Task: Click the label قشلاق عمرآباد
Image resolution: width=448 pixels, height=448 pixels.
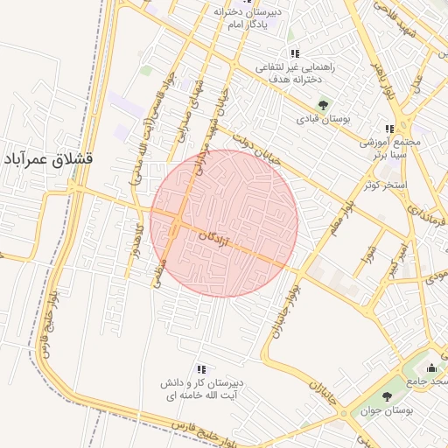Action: click(52, 161)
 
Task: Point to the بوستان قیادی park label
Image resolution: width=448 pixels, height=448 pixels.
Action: click(323, 119)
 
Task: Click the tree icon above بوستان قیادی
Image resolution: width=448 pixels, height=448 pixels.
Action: click(323, 105)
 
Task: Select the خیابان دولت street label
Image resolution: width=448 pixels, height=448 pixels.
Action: click(247, 150)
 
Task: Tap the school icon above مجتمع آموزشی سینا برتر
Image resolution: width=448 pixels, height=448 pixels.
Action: click(390, 129)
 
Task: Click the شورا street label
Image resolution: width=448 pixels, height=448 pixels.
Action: click(368, 255)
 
